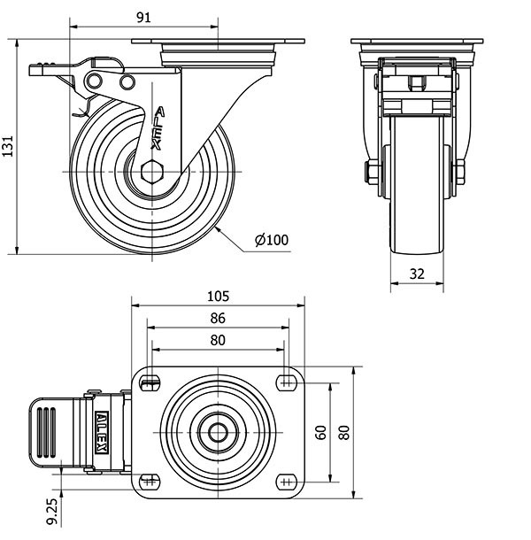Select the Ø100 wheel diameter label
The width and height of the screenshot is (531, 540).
point(271,240)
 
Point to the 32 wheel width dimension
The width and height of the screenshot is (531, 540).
point(417,274)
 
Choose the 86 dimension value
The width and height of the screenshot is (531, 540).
point(218,318)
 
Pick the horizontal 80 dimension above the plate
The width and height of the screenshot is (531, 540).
point(218,340)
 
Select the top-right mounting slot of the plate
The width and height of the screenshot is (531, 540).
point(285,382)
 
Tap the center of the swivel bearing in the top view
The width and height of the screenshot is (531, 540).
point(218,432)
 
